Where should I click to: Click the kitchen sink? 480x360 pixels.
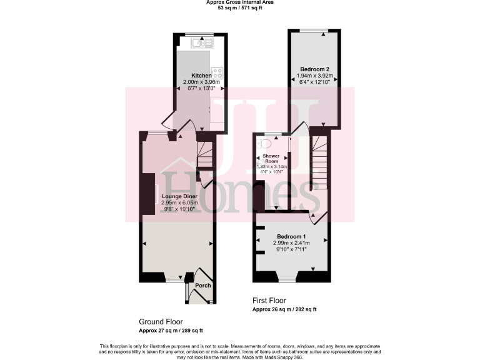(203, 42)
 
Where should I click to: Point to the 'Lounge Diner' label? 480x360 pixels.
(180, 196)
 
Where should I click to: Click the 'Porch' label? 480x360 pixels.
(202, 286)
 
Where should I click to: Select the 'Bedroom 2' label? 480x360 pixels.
(314, 69)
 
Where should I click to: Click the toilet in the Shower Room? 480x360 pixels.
(262, 142)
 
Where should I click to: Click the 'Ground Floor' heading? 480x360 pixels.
(161, 321)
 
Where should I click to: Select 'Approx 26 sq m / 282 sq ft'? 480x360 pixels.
(284, 309)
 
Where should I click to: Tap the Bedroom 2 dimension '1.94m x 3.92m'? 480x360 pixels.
(314, 76)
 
